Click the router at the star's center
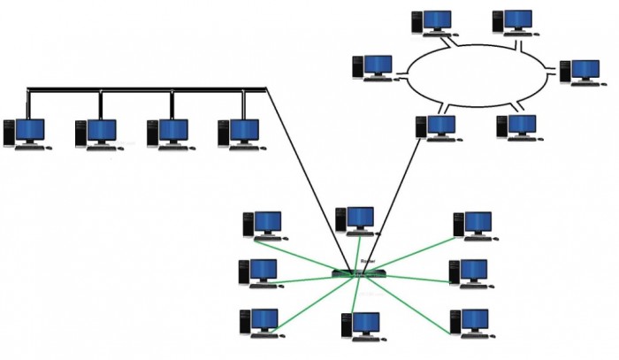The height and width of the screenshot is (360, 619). [359, 272]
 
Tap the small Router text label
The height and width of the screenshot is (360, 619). [368, 263]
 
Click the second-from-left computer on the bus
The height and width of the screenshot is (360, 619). [98, 134]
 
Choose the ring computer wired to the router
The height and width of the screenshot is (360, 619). [435, 127]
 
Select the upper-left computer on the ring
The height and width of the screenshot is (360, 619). [433, 22]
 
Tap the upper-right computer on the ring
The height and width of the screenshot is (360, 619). [513, 22]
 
